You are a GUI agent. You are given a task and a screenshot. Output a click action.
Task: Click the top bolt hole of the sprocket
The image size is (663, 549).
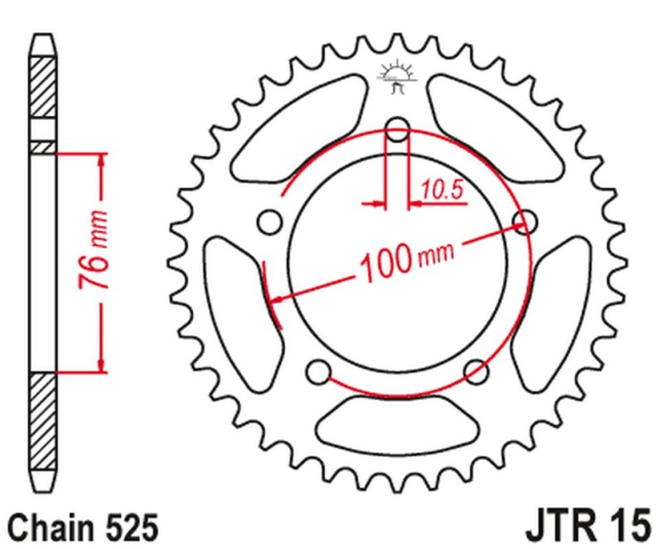[398, 130]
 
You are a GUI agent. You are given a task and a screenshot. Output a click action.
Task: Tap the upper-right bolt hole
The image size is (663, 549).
[522, 219]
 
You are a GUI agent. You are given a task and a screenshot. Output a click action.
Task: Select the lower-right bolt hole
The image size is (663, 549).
[474, 369]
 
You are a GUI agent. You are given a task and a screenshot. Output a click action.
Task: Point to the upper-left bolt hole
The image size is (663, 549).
[269, 221]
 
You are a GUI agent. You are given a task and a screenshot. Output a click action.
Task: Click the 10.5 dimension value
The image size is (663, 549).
[440, 190]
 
